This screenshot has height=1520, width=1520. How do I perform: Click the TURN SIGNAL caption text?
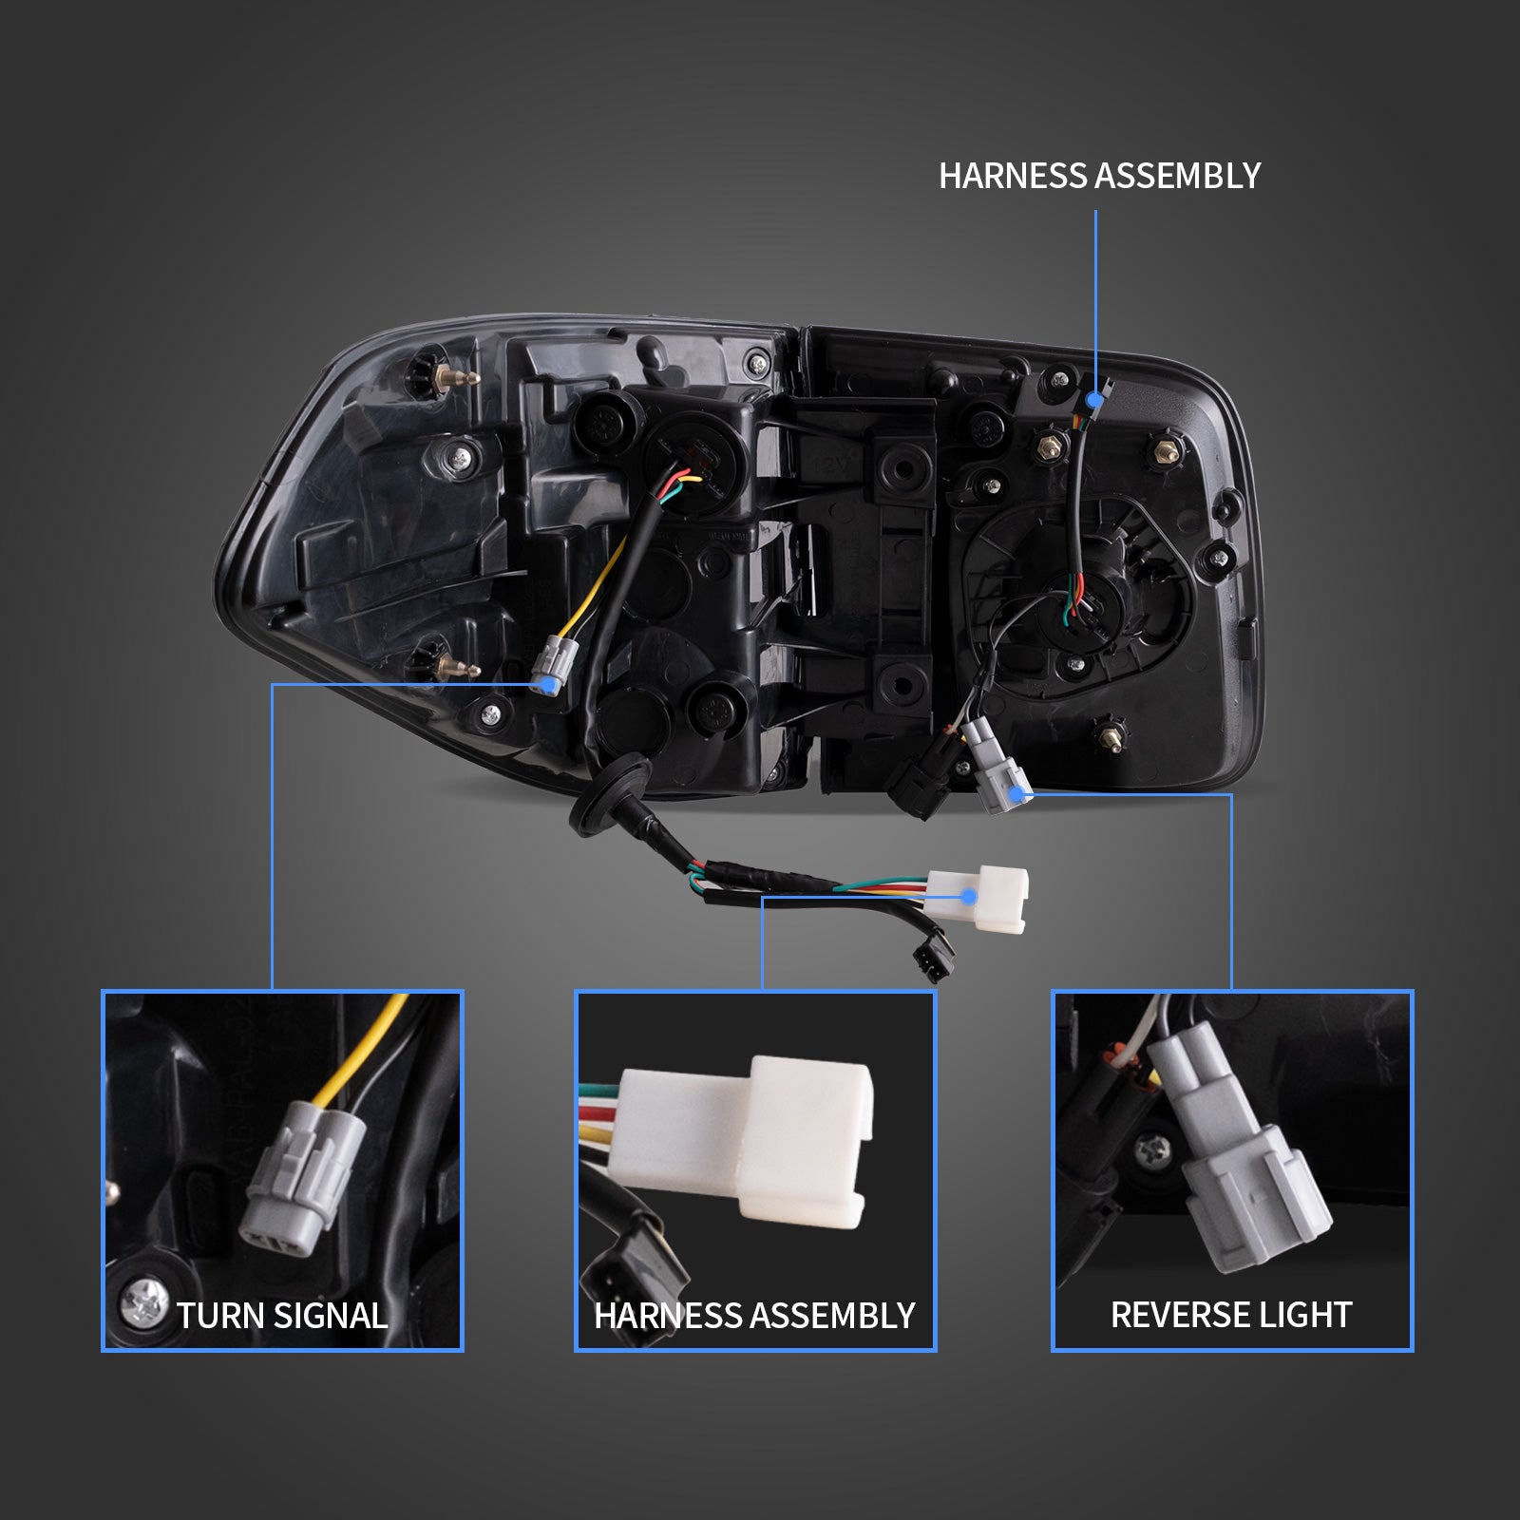point(282,1316)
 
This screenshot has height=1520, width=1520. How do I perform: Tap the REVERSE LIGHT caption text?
point(1231,1315)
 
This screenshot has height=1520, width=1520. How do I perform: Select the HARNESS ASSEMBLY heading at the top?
point(1099,176)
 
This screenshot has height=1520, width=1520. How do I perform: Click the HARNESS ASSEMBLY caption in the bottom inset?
point(754,1316)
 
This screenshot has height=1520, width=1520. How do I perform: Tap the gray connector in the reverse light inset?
point(1236,1149)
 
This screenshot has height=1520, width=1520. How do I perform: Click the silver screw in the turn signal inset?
point(144,1300)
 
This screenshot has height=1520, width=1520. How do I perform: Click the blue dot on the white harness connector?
point(968,896)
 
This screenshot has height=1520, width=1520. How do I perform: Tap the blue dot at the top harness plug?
point(1095,399)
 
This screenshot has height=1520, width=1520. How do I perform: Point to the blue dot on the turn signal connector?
point(545,683)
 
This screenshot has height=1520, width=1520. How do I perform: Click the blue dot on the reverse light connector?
point(1018,794)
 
